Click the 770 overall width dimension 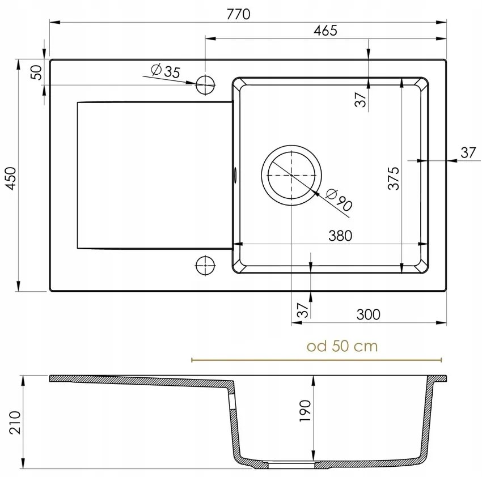point(238,15)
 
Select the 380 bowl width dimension point(340,235)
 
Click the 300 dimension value point(369,314)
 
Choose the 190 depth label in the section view point(305,411)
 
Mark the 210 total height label point(15,422)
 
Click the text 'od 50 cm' point(342,346)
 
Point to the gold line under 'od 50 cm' point(316,360)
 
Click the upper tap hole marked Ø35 point(205,86)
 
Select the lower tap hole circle point(205,264)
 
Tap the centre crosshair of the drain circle point(291,176)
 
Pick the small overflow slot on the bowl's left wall point(233,174)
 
